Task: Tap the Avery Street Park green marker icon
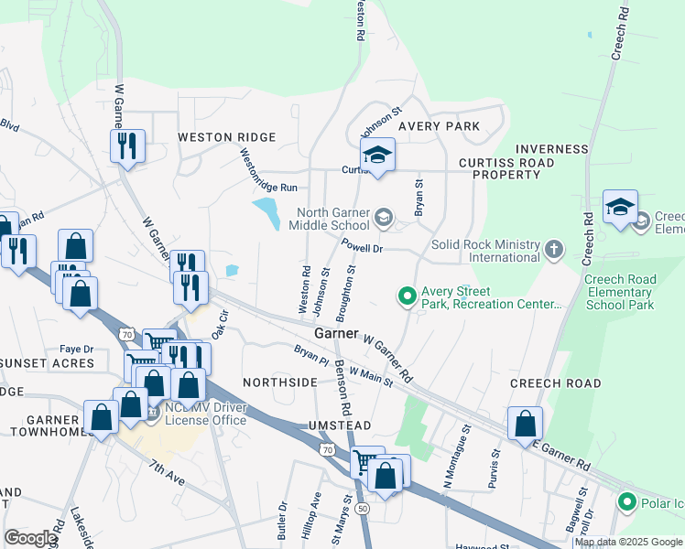(x=406, y=296)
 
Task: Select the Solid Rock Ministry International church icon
(x=553, y=249)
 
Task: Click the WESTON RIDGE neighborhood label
(x=226, y=137)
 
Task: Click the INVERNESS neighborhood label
(x=551, y=149)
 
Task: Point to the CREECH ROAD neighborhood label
(x=555, y=383)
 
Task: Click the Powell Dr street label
(x=361, y=247)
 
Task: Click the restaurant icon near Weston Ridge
(x=126, y=145)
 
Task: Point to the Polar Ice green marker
(x=627, y=501)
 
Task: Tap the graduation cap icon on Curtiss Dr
(x=376, y=156)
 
